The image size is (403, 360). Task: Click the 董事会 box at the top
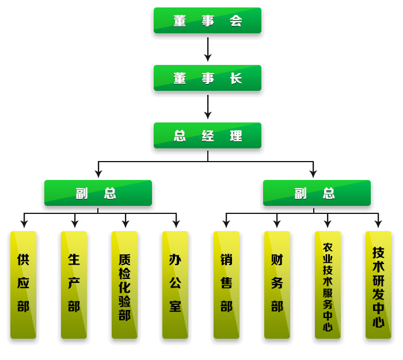(207, 21)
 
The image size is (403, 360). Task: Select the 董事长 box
(207, 78)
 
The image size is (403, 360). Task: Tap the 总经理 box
(207, 136)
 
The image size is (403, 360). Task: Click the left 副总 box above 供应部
(98, 193)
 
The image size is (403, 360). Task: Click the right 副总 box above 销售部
(317, 193)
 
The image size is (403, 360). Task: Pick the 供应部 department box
(23, 285)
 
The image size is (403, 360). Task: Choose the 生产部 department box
(74, 285)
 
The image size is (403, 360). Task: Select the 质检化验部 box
(124, 285)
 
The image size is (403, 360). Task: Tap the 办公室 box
(175, 285)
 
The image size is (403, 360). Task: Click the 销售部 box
(226, 285)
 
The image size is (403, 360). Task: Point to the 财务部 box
(277, 285)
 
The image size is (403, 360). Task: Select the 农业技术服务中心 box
(328, 285)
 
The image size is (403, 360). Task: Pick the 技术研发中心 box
(378, 285)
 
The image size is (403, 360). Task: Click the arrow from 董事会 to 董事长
(208, 49)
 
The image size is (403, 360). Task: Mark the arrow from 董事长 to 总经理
(208, 107)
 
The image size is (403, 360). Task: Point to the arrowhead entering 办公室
(176, 224)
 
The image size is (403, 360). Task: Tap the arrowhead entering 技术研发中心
(378, 224)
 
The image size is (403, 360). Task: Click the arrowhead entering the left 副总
(98, 173)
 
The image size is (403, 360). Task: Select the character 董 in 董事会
(180, 21)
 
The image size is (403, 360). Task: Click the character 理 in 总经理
(236, 136)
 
